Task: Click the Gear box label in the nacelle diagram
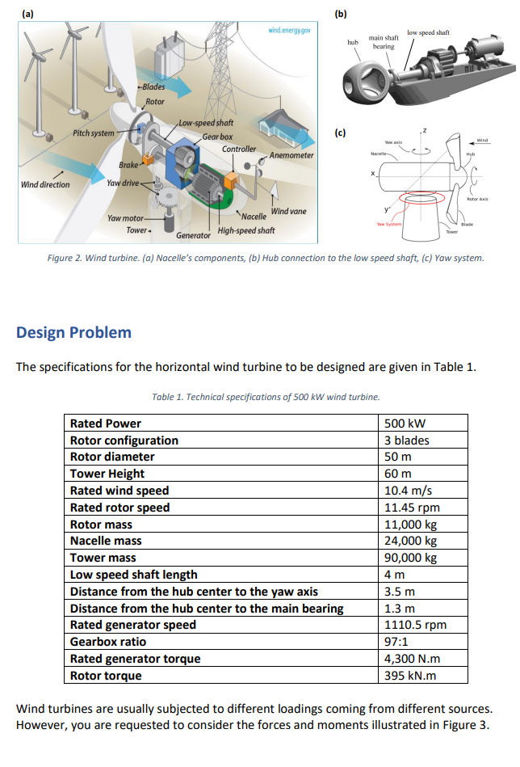pos(217,137)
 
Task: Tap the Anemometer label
pos(291,154)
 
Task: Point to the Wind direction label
pos(45,184)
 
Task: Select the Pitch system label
pos(94,133)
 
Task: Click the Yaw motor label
pos(126,218)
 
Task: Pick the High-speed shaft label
pos(246,230)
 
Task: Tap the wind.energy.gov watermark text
pos(290,30)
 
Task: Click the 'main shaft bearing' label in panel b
pos(384,42)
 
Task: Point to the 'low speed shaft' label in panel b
pos(429,32)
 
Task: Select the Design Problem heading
pos(73,332)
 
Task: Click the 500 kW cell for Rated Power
pos(405,424)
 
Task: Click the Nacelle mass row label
pos(106,541)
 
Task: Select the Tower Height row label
pos(107,474)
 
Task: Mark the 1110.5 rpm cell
pos(415,625)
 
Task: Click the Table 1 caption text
pos(265,396)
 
